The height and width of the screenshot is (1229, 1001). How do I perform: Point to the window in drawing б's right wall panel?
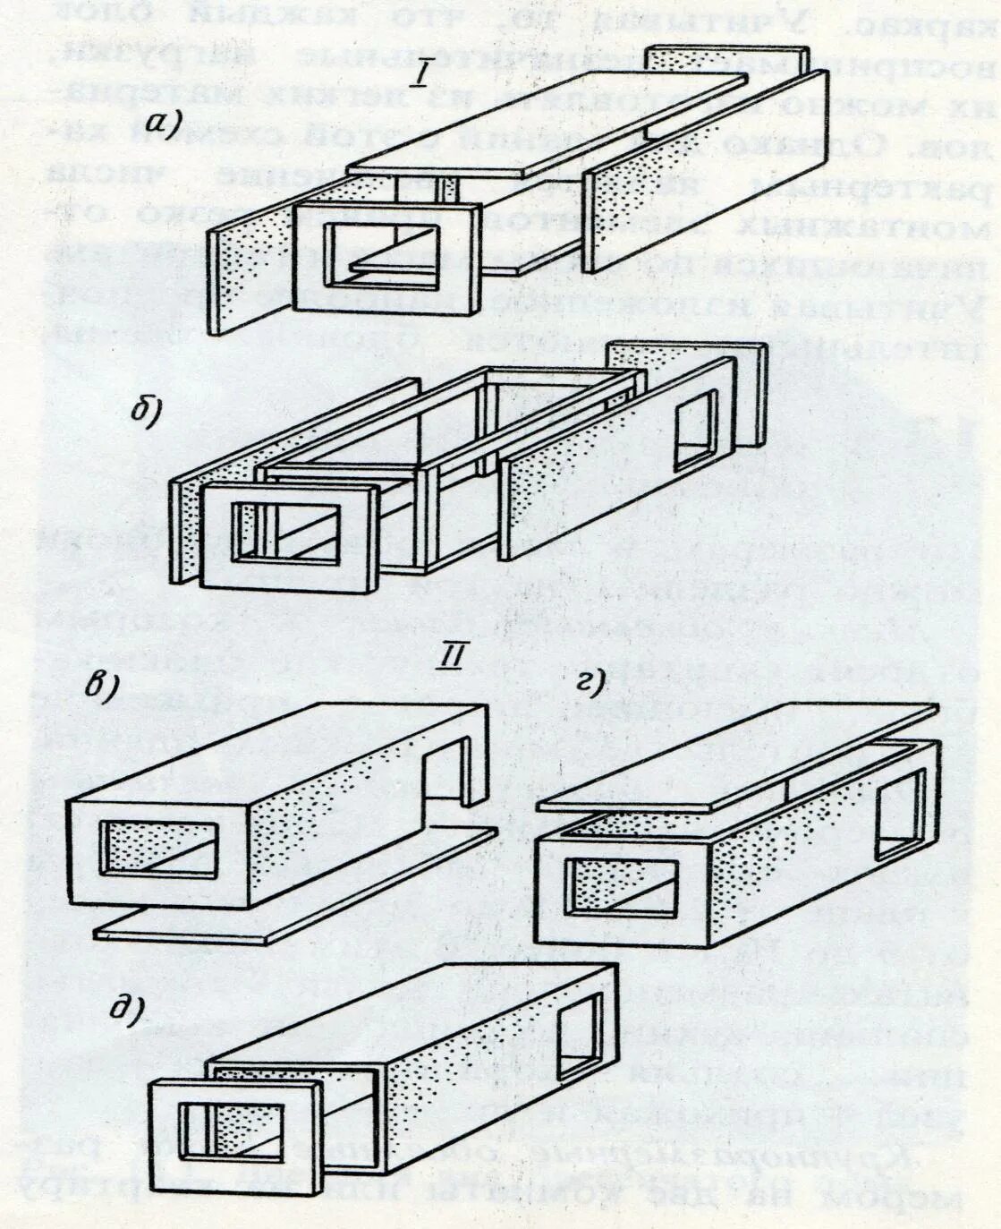[695, 430]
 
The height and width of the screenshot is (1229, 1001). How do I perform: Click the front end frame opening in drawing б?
[286, 533]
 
